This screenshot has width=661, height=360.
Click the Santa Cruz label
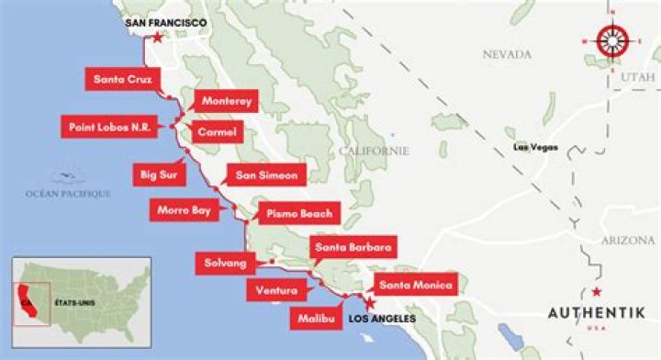tap(121, 79)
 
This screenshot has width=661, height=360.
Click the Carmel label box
tap(217, 134)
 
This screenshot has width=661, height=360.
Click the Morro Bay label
tap(185, 210)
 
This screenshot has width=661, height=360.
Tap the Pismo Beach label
tap(298, 213)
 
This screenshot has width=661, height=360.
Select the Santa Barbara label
tap(354, 247)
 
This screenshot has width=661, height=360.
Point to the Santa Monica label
tap(414, 286)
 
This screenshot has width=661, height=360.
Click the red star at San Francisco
tap(160, 38)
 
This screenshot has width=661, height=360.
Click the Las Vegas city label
tap(535, 146)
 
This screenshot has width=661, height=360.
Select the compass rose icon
tap(612, 39)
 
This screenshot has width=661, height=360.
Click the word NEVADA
tap(509, 54)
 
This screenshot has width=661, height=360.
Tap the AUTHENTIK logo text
tap(601, 312)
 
